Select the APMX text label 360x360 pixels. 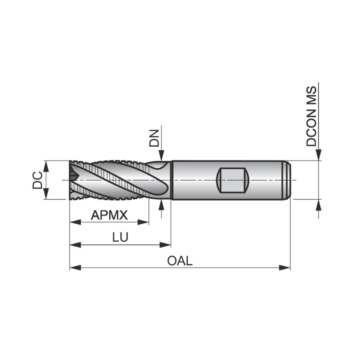click(x=109, y=215)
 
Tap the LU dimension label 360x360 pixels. click(x=120, y=238)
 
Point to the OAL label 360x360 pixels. click(x=180, y=261)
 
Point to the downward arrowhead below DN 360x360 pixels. click(x=162, y=156)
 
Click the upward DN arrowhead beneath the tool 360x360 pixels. click(x=162, y=205)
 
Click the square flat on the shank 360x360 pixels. click(x=233, y=180)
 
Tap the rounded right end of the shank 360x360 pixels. click(x=288, y=180)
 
